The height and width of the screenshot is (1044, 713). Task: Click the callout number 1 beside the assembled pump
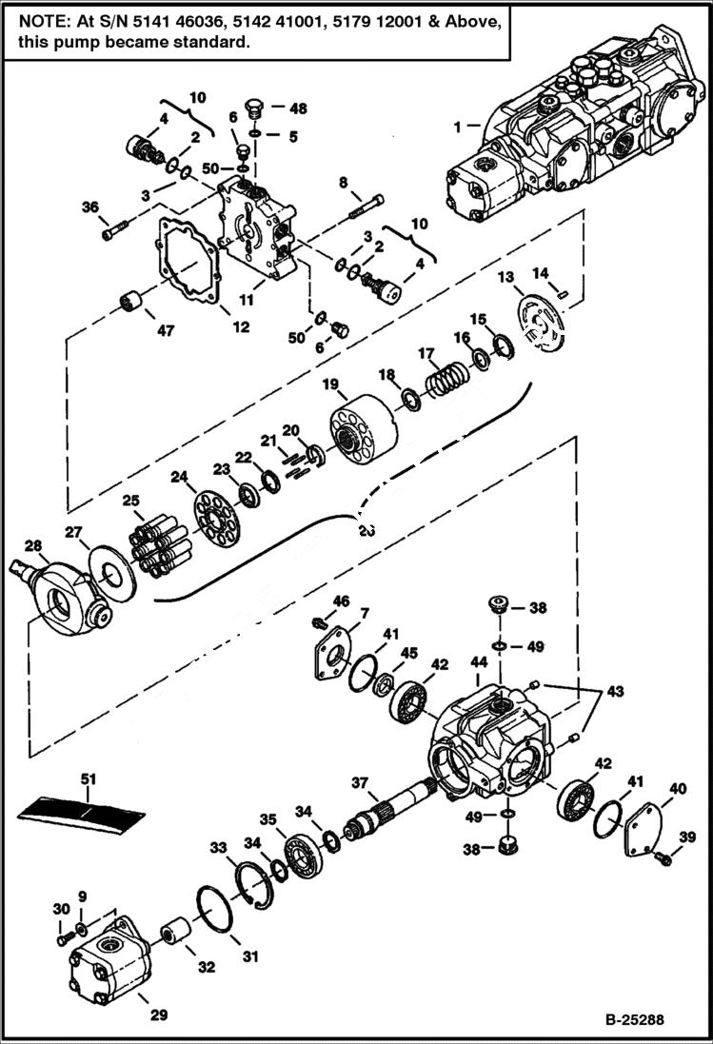point(457,125)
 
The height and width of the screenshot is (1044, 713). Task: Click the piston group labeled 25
point(161,545)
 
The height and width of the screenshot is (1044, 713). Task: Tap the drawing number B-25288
point(633,1021)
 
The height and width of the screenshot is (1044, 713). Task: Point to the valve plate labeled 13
point(538,325)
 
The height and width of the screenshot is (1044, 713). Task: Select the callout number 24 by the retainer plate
point(179,476)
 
